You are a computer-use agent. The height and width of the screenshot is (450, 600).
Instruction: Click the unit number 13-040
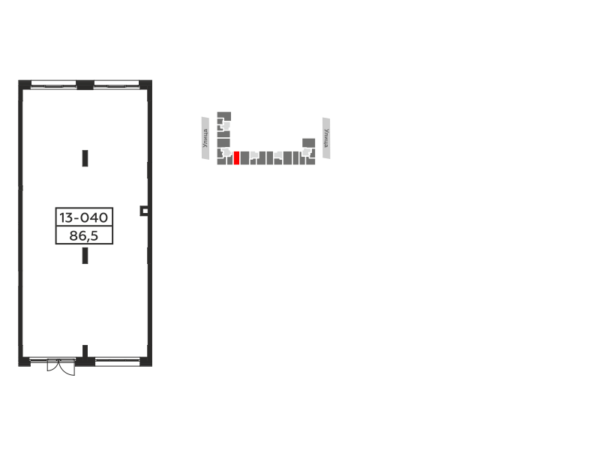(84, 217)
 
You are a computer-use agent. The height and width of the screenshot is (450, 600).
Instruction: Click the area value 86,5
(84, 235)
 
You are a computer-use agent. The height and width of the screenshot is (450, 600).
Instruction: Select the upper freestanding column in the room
(85, 158)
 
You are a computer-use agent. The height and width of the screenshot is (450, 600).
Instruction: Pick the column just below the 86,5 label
(85, 256)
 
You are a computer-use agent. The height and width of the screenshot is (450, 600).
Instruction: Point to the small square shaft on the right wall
(144, 211)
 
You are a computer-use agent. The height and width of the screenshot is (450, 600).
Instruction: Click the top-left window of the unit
(53, 84)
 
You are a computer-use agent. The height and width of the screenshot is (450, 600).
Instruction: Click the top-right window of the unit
(116, 84)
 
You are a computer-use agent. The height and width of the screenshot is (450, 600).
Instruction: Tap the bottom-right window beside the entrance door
(117, 362)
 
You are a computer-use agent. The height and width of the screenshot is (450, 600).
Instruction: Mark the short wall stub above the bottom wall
(85, 351)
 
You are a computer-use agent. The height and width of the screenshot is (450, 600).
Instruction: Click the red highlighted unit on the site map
(236, 158)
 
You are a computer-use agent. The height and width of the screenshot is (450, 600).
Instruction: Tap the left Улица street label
(205, 138)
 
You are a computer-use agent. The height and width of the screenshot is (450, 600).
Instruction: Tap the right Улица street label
(326, 138)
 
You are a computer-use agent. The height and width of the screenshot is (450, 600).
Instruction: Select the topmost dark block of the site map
(224, 116)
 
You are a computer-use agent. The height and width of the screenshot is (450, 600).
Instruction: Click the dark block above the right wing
(309, 142)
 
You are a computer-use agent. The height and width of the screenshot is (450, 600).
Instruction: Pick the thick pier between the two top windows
(85, 85)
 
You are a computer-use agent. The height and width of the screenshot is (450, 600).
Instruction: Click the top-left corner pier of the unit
(25, 85)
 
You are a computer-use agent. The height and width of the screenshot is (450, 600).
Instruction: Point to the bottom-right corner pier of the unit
(145, 362)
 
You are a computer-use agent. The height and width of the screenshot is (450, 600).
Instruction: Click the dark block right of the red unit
(244, 158)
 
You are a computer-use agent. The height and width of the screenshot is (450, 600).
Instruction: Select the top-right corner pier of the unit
(145, 85)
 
